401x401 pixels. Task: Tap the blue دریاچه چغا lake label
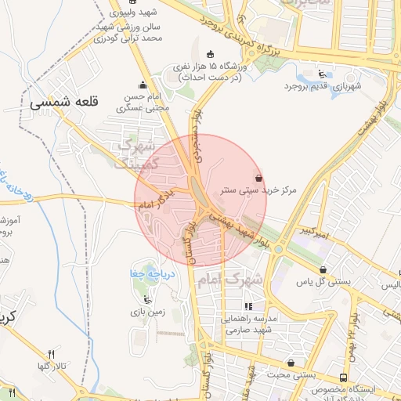pyautogui.click(x=150, y=274)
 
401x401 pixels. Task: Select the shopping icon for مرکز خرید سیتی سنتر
pyautogui.click(x=259, y=178)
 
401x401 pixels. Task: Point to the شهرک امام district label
pyautogui.click(x=243, y=278)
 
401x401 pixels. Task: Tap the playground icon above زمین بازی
pyautogui.click(x=146, y=298)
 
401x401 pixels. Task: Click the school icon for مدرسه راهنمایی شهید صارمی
pyautogui.click(x=248, y=307)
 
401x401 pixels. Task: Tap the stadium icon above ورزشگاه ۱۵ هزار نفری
pyautogui.click(x=209, y=54)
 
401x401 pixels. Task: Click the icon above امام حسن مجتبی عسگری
pyautogui.click(x=142, y=85)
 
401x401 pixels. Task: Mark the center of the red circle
pyautogui.click(x=200, y=200)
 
